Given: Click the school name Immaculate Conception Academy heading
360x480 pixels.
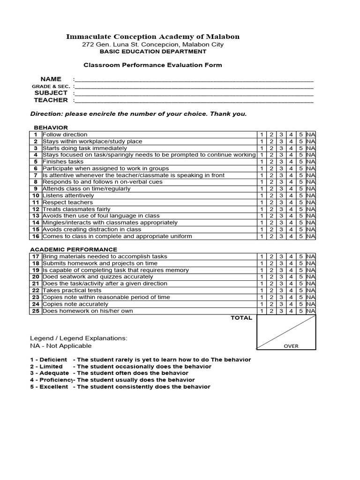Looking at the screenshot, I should tap(153, 37).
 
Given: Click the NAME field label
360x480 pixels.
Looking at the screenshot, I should tap(51, 78).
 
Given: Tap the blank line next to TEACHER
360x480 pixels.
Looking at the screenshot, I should tap(194, 100).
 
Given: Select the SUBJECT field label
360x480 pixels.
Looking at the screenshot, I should tap(51, 93).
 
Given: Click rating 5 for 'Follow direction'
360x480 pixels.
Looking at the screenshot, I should tap(301, 135).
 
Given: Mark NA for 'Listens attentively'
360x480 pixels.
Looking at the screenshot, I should tap(311, 195).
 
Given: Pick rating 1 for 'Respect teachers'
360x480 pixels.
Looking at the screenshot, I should tap(261, 202).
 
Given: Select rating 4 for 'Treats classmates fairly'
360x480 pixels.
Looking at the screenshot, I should tap(291, 209).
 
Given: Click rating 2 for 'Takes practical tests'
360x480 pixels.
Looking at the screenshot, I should tap(271, 291).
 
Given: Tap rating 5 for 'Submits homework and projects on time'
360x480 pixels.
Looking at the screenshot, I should tap(301, 263).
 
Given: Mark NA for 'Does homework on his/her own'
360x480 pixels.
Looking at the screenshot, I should tap(311, 311).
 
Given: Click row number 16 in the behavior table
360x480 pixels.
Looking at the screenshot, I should tap(36, 236).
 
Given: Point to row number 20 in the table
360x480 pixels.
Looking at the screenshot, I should tap(36, 277).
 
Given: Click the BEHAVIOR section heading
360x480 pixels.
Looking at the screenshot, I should tap(51, 127).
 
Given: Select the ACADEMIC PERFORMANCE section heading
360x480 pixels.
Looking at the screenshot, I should tap(74, 249).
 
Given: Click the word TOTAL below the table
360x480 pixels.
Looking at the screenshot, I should tap(241, 318).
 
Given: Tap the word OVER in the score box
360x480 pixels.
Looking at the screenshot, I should tap(291, 346).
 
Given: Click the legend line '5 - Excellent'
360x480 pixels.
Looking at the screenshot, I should tap(120, 387).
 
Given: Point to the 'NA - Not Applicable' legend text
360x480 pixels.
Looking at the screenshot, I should tap(61, 346).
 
